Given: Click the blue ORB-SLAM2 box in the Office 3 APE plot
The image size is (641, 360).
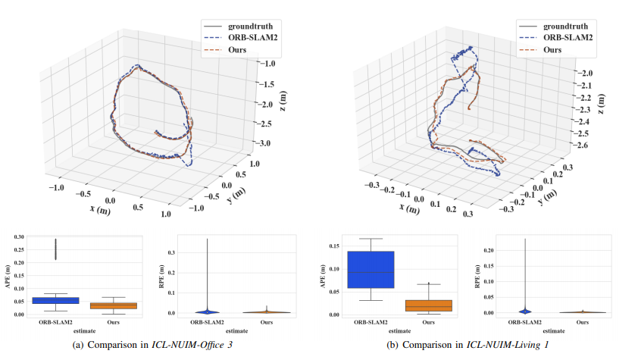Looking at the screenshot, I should (x=55, y=300).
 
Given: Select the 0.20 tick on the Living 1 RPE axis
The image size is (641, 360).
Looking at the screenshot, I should (x=474, y=250).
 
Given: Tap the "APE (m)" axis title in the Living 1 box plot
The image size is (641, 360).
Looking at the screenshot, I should (x=324, y=277).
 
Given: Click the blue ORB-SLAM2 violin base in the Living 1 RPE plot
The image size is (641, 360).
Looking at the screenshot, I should (x=526, y=311).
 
